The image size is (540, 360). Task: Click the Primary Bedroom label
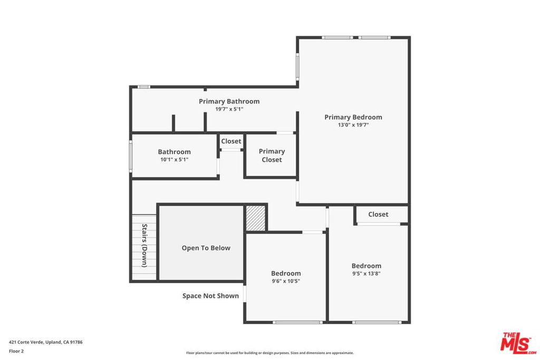point(353,118)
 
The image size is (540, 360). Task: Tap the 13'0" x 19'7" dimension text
point(353,125)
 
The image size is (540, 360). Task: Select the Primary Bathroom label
point(229,102)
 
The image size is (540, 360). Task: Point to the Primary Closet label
point(272,155)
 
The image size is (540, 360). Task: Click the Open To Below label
point(206,248)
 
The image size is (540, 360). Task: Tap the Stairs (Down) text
point(144,246)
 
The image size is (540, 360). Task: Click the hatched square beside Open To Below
point(256,218)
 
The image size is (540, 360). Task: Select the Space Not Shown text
point(210,296)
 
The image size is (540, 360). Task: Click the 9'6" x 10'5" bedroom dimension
point(286,281)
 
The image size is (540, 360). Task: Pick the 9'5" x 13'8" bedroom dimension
point(366,274)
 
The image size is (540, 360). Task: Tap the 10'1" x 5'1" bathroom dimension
point(174,160)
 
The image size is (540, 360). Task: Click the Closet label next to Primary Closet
point(231,141)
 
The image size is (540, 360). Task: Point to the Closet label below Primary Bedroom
point(378,215)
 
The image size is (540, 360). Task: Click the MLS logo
point(518,343)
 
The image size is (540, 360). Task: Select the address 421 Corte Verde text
point(46,342)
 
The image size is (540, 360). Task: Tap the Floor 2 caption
point(16,351)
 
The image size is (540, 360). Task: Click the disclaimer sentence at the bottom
point(269,353)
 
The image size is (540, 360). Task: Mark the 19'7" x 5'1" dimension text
point(229,109)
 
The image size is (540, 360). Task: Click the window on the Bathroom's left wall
point(131,156)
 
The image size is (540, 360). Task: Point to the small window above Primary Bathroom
point(143,87)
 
